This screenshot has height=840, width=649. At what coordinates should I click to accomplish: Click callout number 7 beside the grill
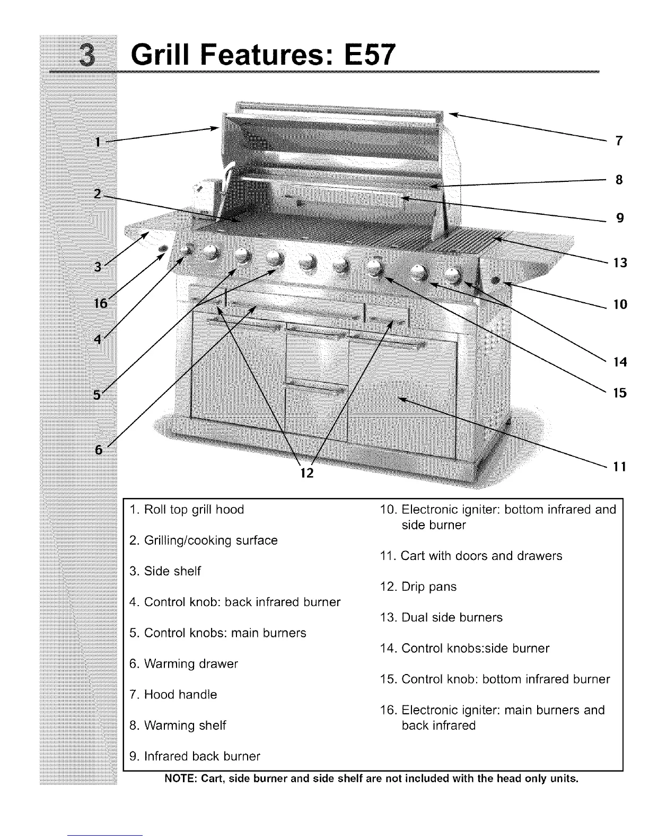pos(619,141)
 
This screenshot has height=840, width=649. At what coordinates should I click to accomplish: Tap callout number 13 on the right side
pos(620,262)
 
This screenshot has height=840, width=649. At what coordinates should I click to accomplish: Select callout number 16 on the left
pos(101,303)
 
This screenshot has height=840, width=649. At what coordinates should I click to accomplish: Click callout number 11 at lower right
pos(620,467)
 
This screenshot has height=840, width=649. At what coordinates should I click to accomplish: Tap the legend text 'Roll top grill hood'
pos(194,510)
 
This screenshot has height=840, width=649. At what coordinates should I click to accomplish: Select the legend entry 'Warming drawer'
pos(190,663)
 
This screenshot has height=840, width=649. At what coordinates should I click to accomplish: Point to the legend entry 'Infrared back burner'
pos(201,756)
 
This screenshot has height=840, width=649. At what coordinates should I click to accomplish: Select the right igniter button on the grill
pos(497,280)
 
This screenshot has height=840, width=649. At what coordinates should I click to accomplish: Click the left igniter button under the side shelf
pos(163,248)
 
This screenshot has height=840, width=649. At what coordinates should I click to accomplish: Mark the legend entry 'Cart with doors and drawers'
pos(481,556)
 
